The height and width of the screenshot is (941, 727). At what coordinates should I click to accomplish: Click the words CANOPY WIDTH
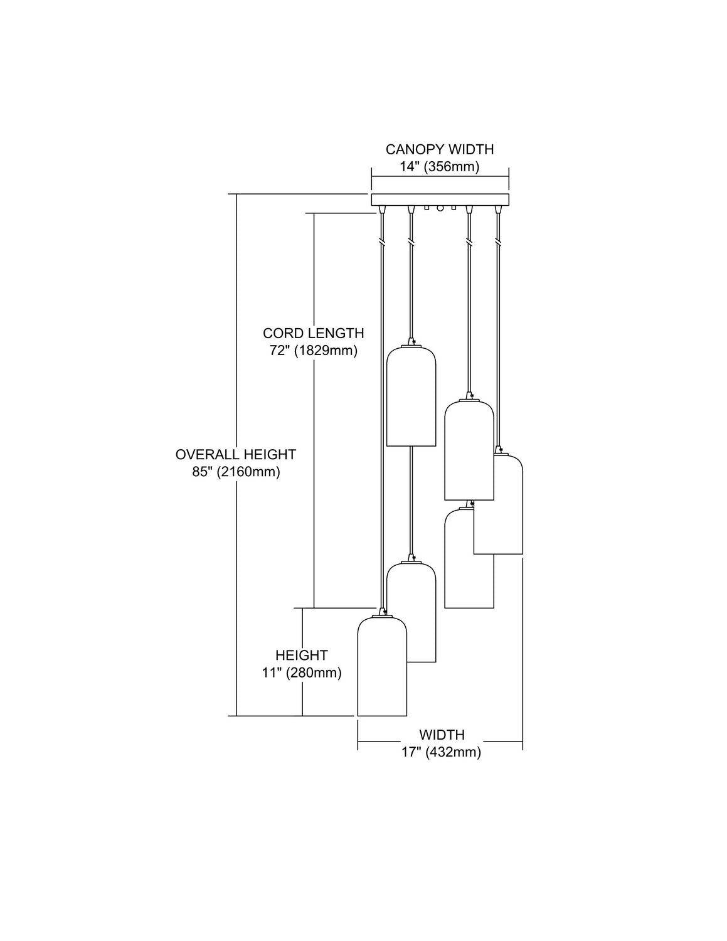(x=439, y=149)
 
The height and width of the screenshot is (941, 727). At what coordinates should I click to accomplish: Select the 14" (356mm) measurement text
(x=439, y=167)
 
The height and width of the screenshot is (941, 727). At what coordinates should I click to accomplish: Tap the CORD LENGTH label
(x=313, y=333)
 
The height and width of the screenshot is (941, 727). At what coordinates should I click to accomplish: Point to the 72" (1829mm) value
(x=313, y=351)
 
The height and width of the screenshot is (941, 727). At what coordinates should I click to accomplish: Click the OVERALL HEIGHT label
(x=236, y=454)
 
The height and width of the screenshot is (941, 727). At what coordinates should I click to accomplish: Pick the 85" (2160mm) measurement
(x=236, y=472)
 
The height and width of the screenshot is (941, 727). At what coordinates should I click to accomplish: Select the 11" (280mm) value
(x=302, y=673)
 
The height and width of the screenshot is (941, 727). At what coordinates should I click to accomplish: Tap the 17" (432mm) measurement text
(x=442, y=752)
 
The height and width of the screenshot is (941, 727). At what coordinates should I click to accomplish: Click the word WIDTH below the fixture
(x=442, y=735)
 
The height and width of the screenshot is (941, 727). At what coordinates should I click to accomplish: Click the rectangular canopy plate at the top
(x=440, y=200)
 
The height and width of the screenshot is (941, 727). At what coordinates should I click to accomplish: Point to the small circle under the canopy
(x=440, y=208)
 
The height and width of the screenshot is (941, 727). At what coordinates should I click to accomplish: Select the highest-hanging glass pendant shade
(x=411, y=396)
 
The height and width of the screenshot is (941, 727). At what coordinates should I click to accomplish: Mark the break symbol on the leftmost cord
(x=381, y=240)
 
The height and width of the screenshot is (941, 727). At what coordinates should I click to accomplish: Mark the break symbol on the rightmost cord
(x=498, y=240)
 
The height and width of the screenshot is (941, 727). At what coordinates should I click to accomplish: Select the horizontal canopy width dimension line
(x=440, y=177)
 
